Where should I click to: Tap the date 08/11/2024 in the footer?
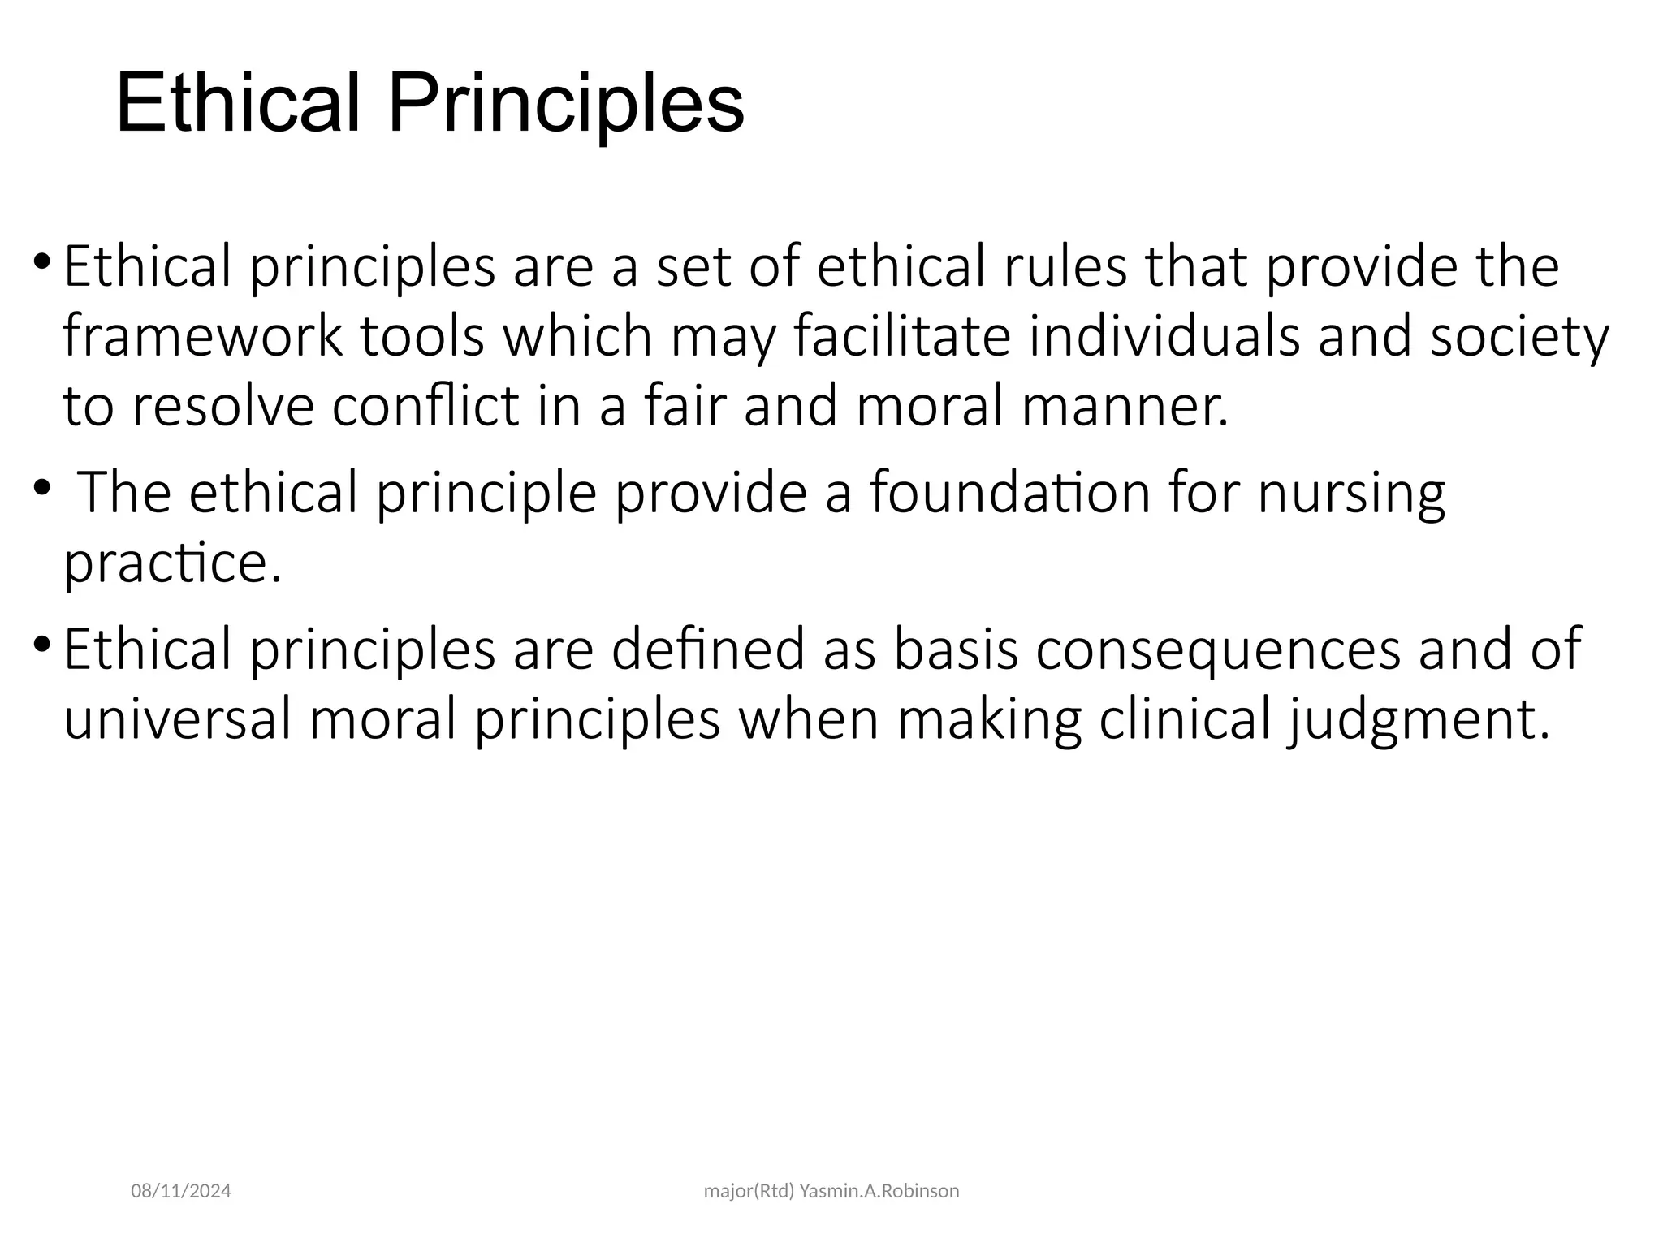pyautogui.click(x=181, y=1191)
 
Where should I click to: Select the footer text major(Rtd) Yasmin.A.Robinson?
pyautogui.click(x=831, y=1191)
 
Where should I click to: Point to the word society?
pyautogui.click(x=1518, y=336)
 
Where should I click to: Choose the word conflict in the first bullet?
pyautogui.click(x=425, y=406)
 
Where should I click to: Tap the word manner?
pyautogui.click(x=1125, y=406)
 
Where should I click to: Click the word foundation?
pyautogui.click(x=1010, y=493)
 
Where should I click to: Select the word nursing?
pyautogui.click(x=1351, y=493)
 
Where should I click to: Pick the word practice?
pyautogui.click(x=172, y=563)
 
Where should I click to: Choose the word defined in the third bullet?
pyautogui.click(x=707, y=649)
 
